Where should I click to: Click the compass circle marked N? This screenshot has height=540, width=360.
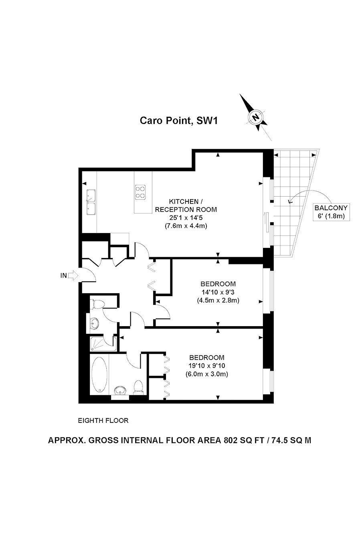pos(255,117)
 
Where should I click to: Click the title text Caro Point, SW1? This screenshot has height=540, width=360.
pos(178,120)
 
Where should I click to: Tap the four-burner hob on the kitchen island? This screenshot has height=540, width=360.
pos(141,192)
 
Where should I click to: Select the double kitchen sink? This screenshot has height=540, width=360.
pos(90,202)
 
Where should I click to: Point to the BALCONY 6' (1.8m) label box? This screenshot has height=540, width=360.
pos(332,212)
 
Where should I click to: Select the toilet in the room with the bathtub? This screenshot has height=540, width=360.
pos(138,386)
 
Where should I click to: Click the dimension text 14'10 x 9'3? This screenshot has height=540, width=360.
pos(218,292)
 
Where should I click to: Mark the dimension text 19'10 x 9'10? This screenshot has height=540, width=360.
pos(207,366)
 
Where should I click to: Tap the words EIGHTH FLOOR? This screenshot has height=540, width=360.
pos(103,421)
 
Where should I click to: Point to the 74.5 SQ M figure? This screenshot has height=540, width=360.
pos(291,440)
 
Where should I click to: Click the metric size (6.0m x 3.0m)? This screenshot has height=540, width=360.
pos(207,374)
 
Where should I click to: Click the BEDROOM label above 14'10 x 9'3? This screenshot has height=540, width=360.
pos(218,284)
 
